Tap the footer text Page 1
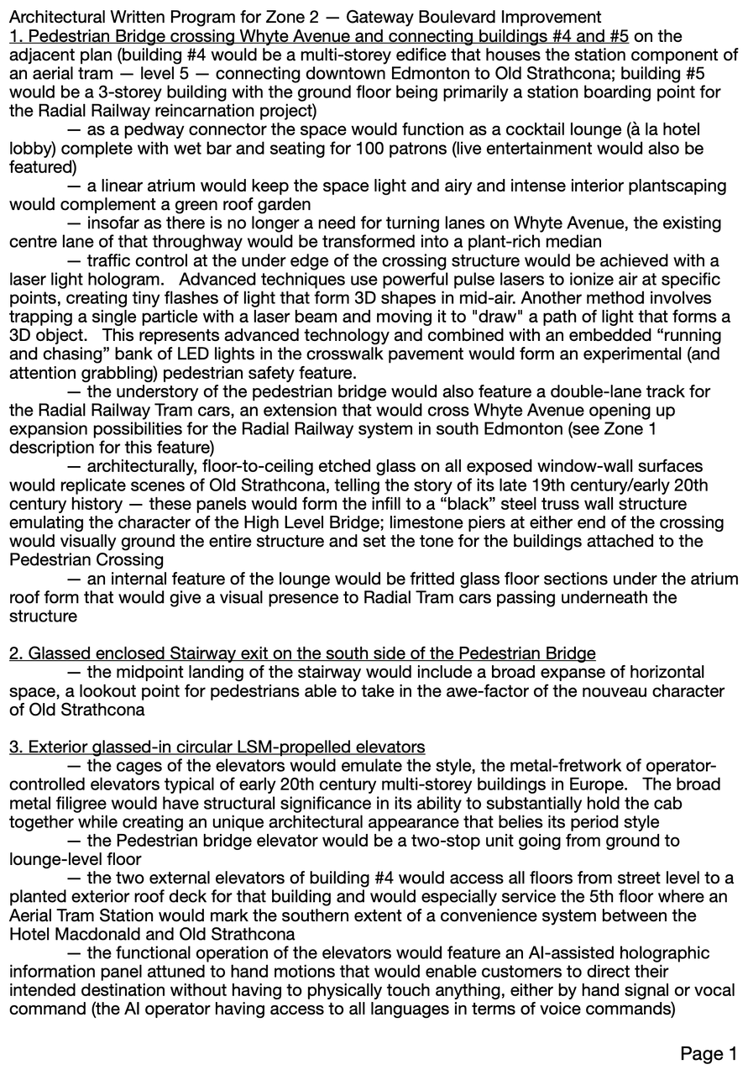[709, 1054]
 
